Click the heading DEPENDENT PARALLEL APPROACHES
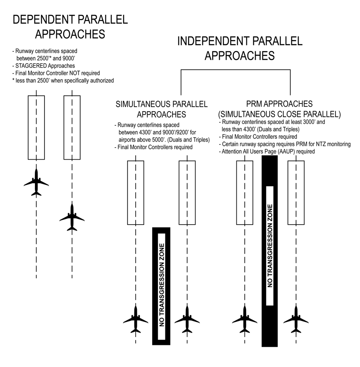coord(70,26)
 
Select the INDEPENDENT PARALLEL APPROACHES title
coord(240,48)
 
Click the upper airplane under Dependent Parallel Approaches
coord(36,182)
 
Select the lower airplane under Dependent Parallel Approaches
coord(72,217)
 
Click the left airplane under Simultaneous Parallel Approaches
coord(136,319)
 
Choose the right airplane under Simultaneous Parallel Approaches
coord(187,319)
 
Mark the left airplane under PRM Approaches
coord(244,319)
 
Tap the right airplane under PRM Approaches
coord(296,319)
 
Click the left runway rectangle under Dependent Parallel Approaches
coord(36,127)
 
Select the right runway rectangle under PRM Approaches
coord(296,193)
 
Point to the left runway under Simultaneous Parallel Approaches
coord(136,193)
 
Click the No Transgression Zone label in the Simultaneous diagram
coord(161,286)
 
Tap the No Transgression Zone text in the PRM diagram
coord(270,246)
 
